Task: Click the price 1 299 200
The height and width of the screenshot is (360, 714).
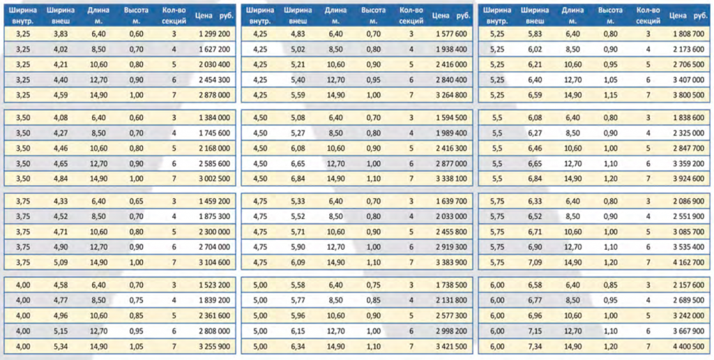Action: [215, 33]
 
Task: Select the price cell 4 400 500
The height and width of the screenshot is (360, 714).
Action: [688, 347]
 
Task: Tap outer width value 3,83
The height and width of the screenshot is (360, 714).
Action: [61, 33]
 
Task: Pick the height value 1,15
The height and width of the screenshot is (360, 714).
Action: [611, 96]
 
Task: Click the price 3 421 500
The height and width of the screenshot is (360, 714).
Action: [451, 347]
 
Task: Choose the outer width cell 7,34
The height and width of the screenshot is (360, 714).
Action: [535, 347]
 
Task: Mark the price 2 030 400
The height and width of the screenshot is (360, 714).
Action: [215, 65]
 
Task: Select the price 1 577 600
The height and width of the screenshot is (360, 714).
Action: [451, 33]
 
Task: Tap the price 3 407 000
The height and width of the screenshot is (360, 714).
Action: [688, 80]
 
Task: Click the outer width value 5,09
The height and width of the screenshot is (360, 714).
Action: [61, 263]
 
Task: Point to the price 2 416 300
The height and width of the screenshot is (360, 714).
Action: [451, 148]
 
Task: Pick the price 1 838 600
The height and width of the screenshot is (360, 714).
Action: [688, 118]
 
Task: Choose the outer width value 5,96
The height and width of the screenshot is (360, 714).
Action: [298, 316]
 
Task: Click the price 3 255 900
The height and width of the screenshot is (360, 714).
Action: [215, 347]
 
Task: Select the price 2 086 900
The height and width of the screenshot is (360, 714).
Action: [688, 202]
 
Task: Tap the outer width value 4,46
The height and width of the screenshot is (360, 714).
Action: [61, 148]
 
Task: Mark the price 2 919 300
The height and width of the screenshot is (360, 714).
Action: [451, 248]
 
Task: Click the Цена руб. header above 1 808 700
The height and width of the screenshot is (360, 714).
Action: [688, 15]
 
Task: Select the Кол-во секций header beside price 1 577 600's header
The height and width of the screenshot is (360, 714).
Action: [411, 15]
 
